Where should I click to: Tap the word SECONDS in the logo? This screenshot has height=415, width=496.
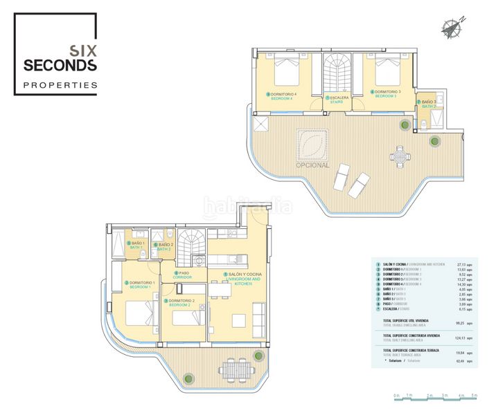pyautogui.click(x=60, y=66)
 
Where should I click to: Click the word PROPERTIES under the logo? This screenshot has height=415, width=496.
pyautogui.click(x=60, y=86)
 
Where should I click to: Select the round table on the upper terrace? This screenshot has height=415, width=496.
pyautogui.click(x=400, y=158)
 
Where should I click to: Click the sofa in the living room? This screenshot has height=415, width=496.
pyautogui.click(x=260, y=320)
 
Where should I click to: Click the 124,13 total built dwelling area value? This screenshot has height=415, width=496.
pyautogui.click(x=459, y=338)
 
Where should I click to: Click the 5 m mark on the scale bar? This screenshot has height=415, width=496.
pyautogui.click(x=474, y=395)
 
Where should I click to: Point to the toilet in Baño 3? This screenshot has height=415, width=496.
pyautogui.click(x=425, y=124)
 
